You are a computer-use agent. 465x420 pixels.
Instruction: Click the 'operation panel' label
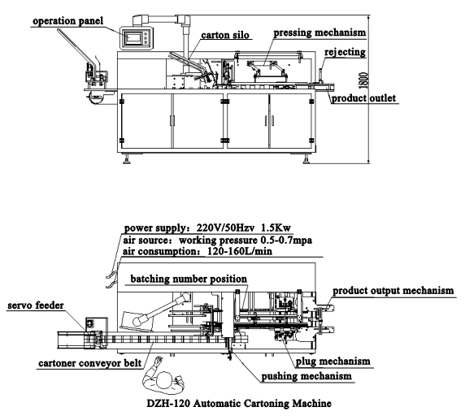pyautogui.click(x=68, y=21)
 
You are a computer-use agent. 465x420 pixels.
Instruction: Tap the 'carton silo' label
pyautogui.click(x=225, y=35)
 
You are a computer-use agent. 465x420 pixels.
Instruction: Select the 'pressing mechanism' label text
pyautogui.click(x=319, y=32)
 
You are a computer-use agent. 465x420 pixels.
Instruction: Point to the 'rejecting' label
pyautogui.click(x=345, y=52)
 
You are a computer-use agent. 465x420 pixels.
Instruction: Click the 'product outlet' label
pyautogui.click(x=364, y=98)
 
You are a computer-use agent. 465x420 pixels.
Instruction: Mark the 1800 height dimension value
pyautogui.click(x=363, y=80)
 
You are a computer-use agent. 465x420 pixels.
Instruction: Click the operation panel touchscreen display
pyautogui.click(x=133, y=38)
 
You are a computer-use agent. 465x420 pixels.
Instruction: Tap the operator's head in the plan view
pyautogui.click(x=164, y=380)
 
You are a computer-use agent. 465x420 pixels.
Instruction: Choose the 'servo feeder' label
pyautogui.click(x=36, y=305)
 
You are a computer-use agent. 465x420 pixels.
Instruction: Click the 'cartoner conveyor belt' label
pyautogui.click(x=90, y=363)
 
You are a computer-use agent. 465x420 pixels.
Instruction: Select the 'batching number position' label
pyautogui.click(x=189, y=279)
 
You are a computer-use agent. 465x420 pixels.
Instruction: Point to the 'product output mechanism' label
pyautogui.click(x=393, y=291)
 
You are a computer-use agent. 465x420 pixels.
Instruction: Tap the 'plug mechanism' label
pyautogui.click(x=333, y=362)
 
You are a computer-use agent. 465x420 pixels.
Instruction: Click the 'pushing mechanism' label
pyautogui.click(x=306, y=376)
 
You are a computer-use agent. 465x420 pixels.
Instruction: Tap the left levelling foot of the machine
pyautogui.click(x=127, y=159)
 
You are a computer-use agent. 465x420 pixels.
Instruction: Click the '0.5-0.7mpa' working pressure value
pyautogui.click(x=286, y=240)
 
